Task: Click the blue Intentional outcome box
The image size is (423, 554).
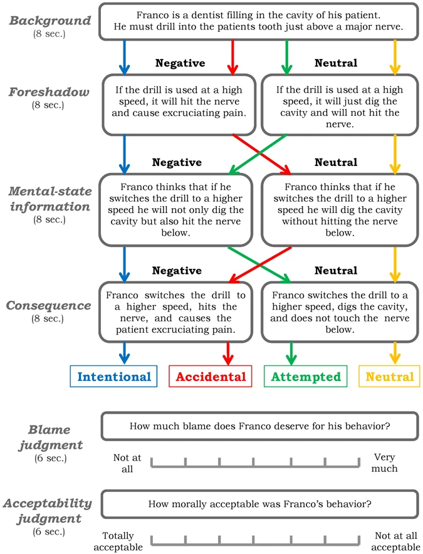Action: pyautogui.click(x=114, y=377)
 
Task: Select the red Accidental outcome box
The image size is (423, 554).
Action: pyautogui.click(x=211, y=377)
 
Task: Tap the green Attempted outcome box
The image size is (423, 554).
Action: pyautogui.click(x=306, y=377)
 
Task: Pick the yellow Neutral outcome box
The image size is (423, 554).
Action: pyautogui.click(x=390, y=377)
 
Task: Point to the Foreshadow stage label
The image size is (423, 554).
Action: pyautogui.click(x=48, y=91)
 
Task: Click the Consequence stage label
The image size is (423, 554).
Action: pyautogui.click(x=48, y=306)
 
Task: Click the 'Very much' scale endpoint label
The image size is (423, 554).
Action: pyautogui.click(x=385, y=463)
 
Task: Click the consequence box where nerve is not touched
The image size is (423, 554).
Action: pyautogui.click(x=339, y=311)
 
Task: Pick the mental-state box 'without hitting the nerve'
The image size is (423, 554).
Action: pyautogui.click(x=339, y=209)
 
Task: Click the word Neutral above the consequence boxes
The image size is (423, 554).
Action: pyautogui.click(x=336, y=271)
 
